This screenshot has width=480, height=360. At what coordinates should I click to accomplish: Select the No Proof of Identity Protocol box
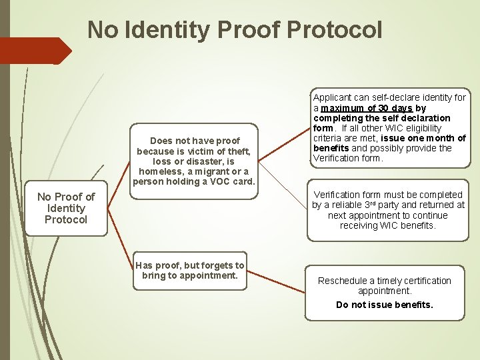(x=66, y=208)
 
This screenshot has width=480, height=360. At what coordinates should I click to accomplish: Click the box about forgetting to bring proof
(x=190, y=271)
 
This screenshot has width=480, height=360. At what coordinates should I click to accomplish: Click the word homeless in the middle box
(x=160, y=171)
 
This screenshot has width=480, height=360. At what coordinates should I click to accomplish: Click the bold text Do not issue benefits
(x=385, y=305)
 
